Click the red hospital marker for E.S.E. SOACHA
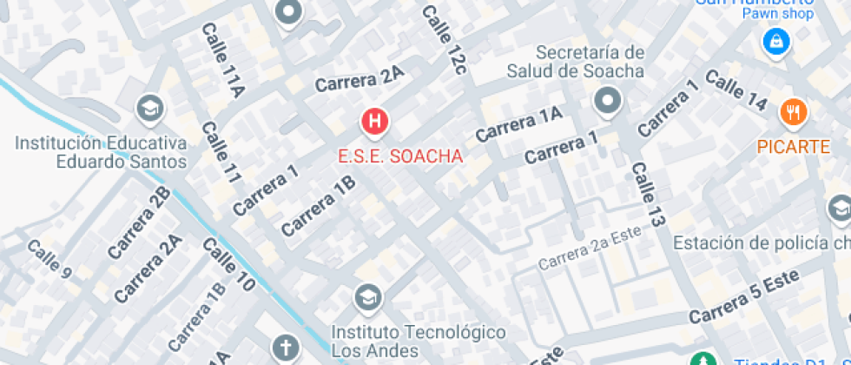pyautogui.click(x=374, y=123)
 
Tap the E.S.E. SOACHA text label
pyautogui.click(x=400, y=157)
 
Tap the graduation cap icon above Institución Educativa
pyautogui.click(x=151, y=109)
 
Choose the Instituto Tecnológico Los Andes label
pyautogui.click(x=419, y=342)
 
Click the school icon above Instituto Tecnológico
pyautogui.click(x=368, y=298)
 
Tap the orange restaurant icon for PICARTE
pyautogui.click(x=794, y=111)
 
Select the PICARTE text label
pyautogui.click(x=794, y=146)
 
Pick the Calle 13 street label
pyautogui.click(x=648, y=195)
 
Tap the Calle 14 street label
pyautogui.click(x=736, y=90)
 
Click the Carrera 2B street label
pyautogui.click(x=139, y=222)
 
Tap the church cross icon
pyautogui.click(x=285, y=348)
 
